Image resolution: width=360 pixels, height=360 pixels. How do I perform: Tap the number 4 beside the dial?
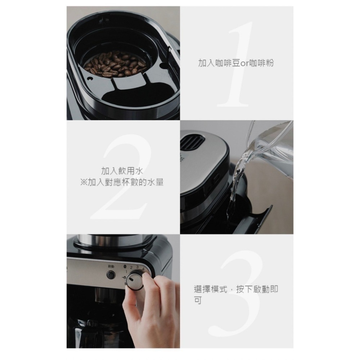tap(143, 269)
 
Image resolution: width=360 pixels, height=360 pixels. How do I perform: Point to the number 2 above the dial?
tap(131, 267)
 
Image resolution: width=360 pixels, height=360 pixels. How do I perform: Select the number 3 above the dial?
tap(137, 267)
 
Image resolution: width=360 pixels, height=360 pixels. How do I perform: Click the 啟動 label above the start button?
tap(111, 266)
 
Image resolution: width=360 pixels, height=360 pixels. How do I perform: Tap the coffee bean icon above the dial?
tap(125, 266)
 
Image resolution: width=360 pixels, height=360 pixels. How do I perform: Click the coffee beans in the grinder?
tap(115, 64)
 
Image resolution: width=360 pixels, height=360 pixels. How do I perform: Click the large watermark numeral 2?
tap(122, 176)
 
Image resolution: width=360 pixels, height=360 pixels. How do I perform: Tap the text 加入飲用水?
tap(122, 171)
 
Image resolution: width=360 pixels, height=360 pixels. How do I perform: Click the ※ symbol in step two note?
tap(84, 183)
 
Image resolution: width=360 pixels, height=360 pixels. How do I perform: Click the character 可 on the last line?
tap(198, 300)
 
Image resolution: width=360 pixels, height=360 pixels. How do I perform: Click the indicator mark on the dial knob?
tap(131, 280)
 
